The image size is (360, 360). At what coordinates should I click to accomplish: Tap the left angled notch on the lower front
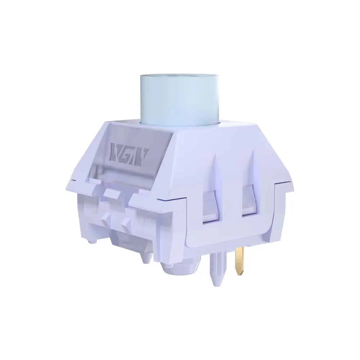[107, 218]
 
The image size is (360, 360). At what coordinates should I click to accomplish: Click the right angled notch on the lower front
[126, 220]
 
